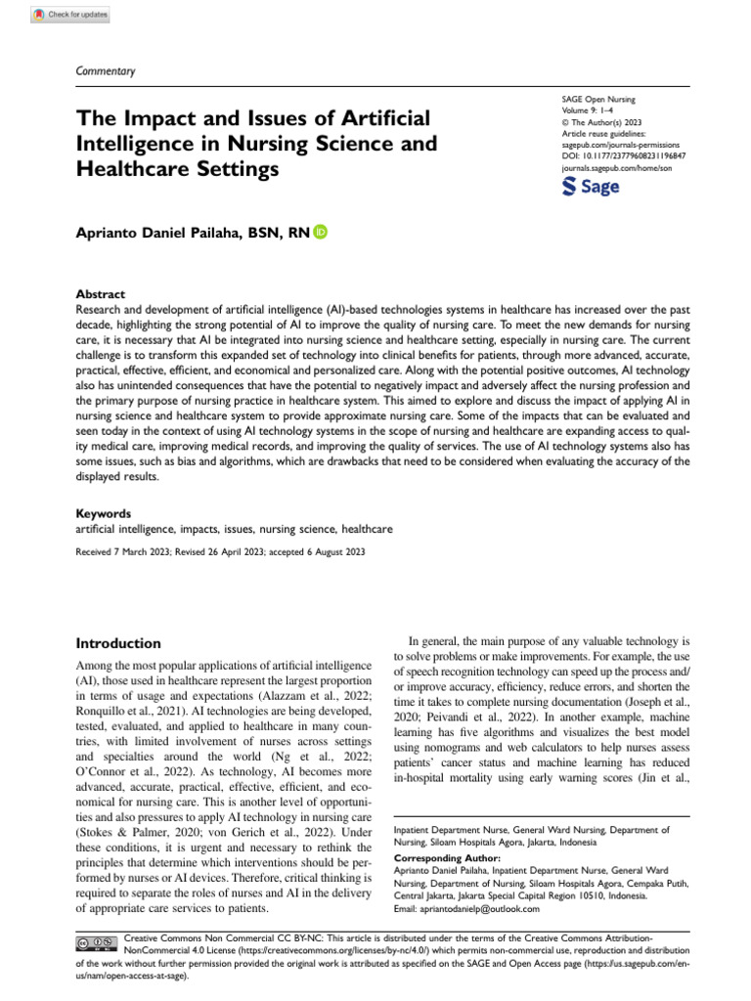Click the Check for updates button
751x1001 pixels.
pos(70,15)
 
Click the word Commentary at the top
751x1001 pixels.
pos(105,71)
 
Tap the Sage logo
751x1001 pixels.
pos(592,187)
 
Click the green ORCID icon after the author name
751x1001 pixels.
pos(321,232)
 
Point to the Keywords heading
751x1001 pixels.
pos(103,513)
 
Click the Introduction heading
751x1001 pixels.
pos(118,643)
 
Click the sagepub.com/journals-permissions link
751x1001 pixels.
pos(620,143)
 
